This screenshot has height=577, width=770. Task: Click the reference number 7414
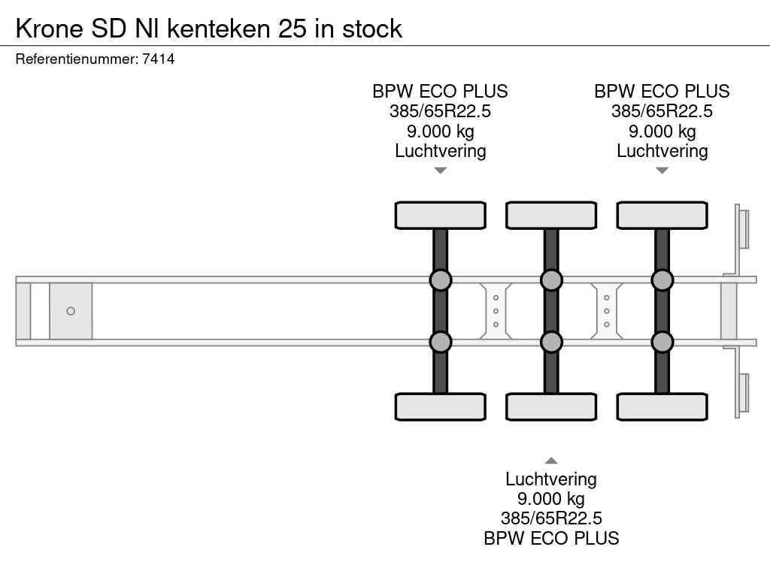point(159,59)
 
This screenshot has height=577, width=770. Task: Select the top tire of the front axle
point(441,216)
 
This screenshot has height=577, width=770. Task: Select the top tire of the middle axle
point(551,216)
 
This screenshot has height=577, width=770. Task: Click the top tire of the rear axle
point(662,216)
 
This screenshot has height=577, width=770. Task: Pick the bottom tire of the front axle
point(441,406)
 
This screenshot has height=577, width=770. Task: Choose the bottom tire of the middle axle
point(551,406)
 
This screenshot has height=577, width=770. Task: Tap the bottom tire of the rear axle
point(662,406)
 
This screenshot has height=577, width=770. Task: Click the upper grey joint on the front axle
point(441,280)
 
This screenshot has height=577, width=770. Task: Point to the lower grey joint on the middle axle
point(551,342)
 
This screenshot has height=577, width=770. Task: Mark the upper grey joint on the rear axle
point(662,280)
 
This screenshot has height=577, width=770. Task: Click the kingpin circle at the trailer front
point(71,311)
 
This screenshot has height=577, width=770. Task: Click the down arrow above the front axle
point(441,171)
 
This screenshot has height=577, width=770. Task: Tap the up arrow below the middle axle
point(551,461)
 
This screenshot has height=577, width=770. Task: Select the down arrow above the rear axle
point(662,171)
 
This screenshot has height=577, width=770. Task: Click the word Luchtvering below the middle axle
point(551,479)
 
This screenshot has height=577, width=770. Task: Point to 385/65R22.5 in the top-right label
point(662,111)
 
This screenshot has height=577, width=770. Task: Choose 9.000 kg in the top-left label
point(441,131)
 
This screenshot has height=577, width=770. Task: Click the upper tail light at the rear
point(743,228)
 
